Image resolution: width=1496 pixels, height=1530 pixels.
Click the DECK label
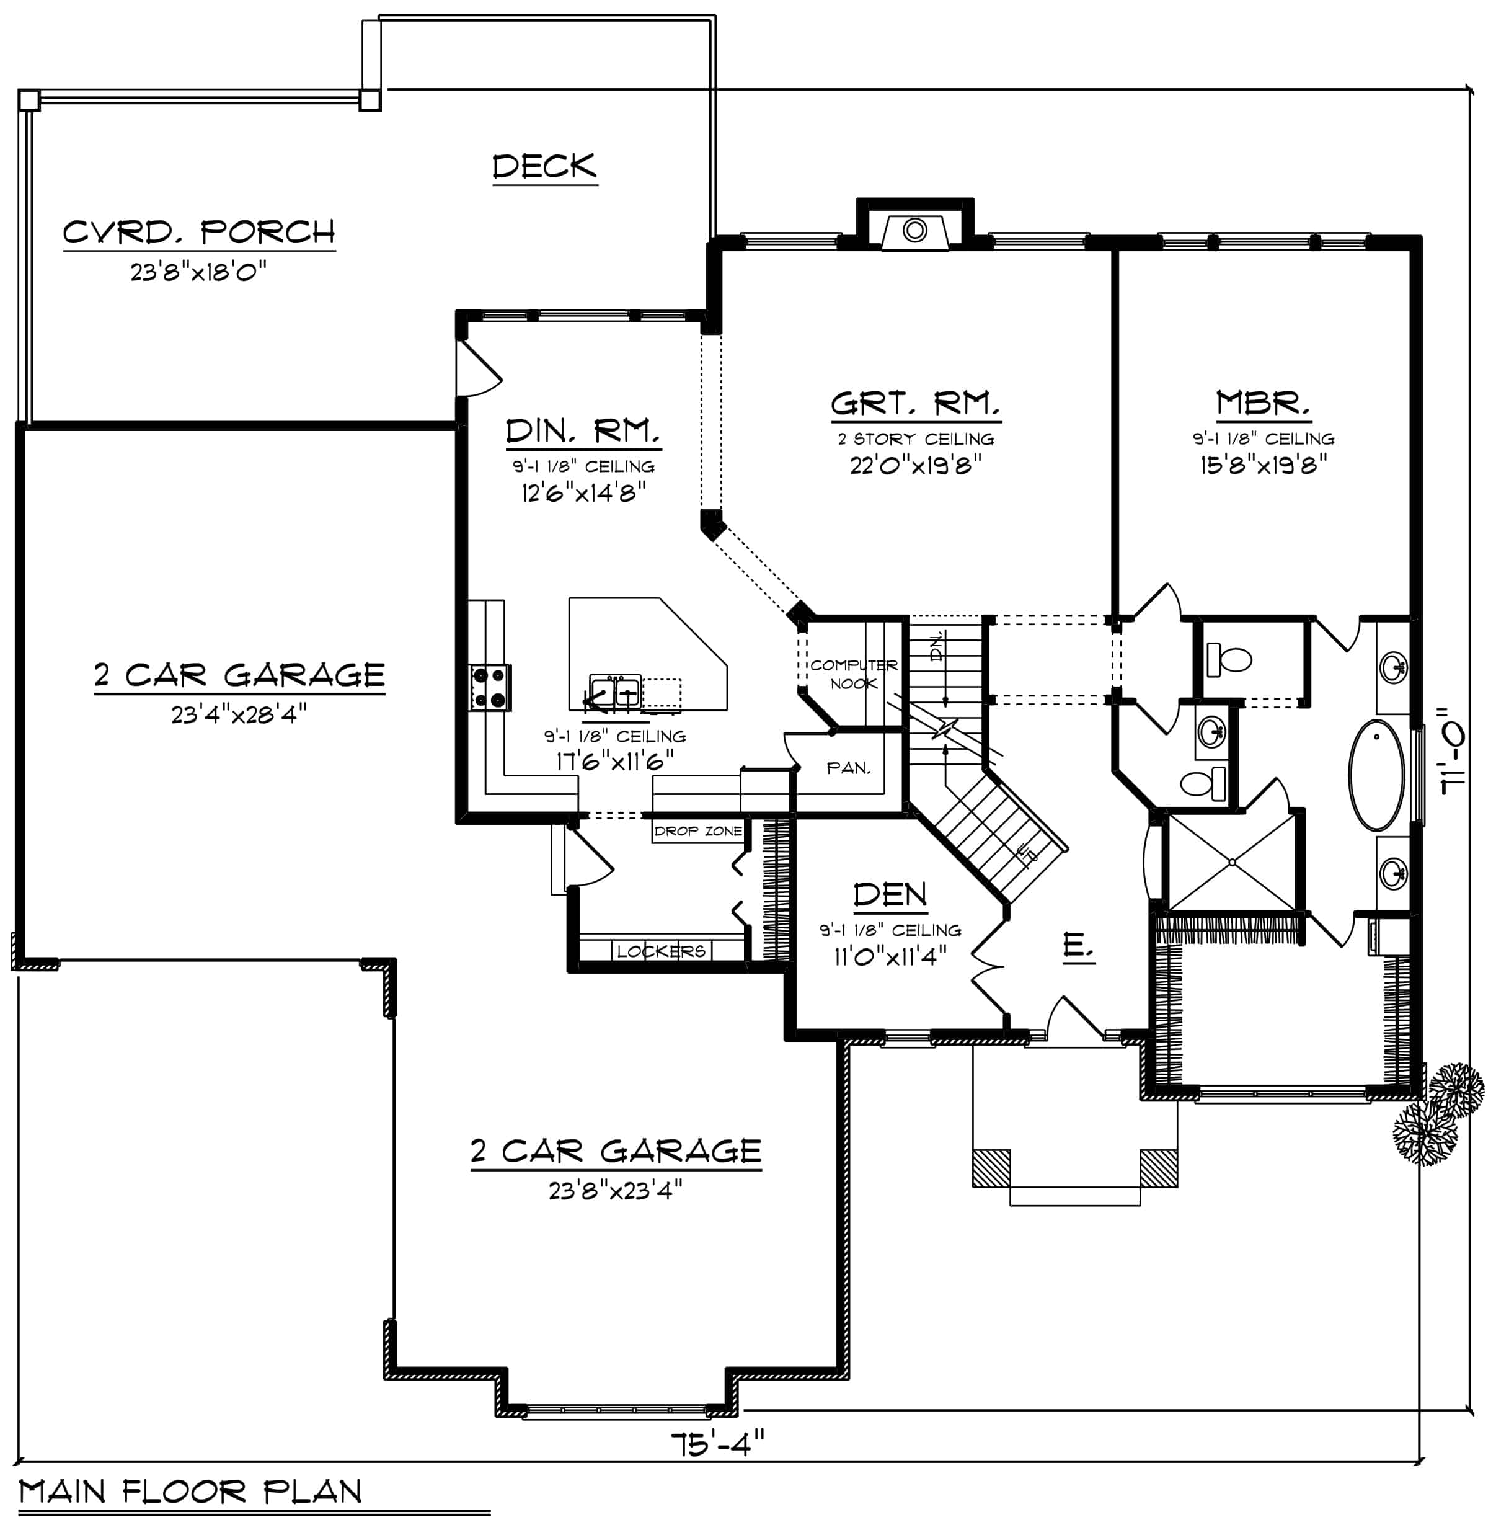(x=544, y=167)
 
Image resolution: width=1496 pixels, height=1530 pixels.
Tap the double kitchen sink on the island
(x=615, y=691)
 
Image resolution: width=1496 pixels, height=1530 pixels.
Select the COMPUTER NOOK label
(x=853, y=674)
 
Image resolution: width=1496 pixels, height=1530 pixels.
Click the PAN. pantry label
(x=849, y=768)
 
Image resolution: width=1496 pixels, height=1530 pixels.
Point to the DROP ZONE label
(x=697, y=830)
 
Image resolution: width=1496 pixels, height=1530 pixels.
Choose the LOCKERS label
(x=661, y=951)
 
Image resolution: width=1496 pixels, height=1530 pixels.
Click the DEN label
(x=890, y=894)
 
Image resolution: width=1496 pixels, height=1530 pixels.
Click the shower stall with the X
(x=1232, y=862)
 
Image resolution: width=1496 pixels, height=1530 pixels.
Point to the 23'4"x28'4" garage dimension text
(x=239, y=714)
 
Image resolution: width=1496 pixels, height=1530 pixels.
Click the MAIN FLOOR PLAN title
(x=190, y=1491)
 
